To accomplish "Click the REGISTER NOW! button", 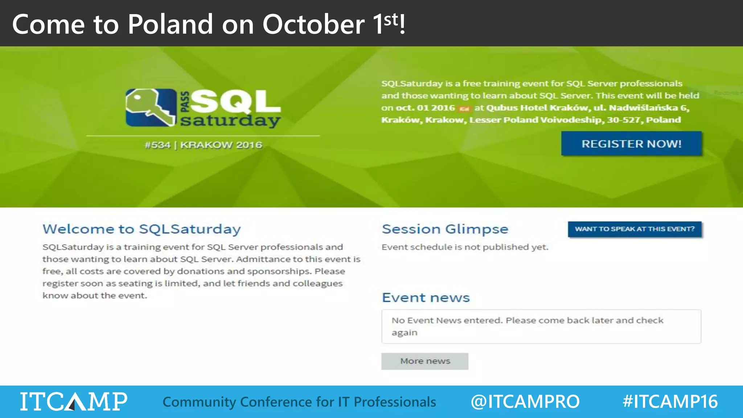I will (x=631, y=144).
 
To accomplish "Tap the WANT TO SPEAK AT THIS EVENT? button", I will (x=635, y=229).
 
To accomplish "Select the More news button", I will (x=425, y=361).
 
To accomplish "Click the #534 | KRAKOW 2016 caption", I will (x=203, y=145).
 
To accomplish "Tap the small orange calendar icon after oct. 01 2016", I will (x=464, y=108).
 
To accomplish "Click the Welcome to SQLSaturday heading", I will (x=141, y=229).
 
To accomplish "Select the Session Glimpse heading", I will (x=445, y=229).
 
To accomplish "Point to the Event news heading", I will (x=426, y=298).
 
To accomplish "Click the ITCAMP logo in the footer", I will (x=74, y=401).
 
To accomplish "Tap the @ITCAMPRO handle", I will (x=525, y=402).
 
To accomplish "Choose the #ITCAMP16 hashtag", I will (x=670, y=402).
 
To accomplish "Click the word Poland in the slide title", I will (x=171, y=24).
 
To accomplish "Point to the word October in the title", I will (x=313, y=24).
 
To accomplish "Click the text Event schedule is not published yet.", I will (x=465, y=247).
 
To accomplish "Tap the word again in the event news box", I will (x=405, y=333).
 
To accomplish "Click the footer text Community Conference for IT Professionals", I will (x=299, y=402).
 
